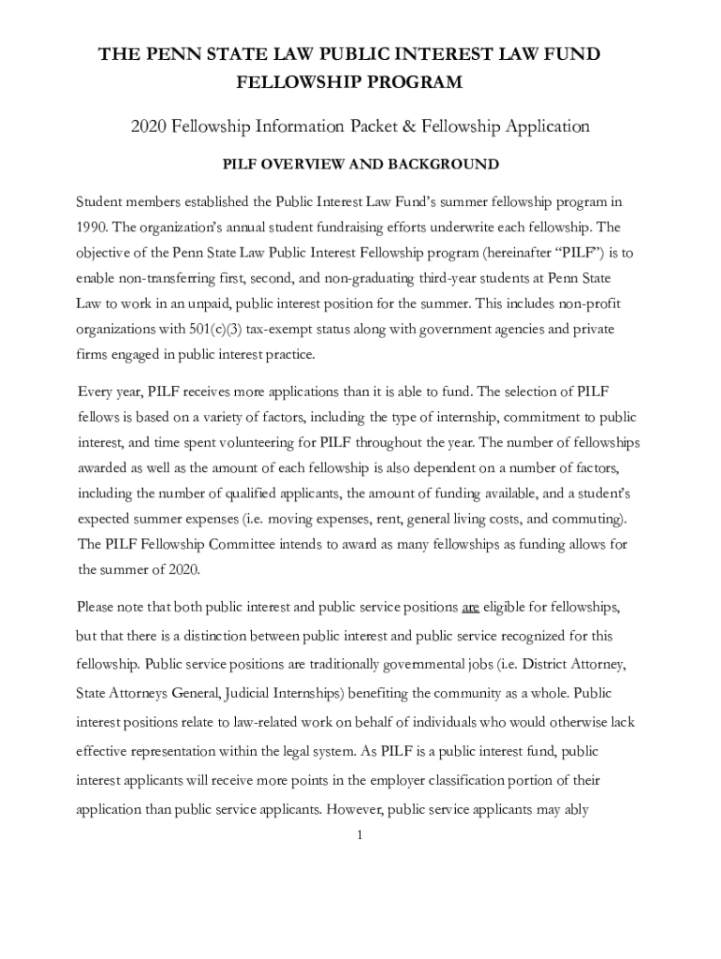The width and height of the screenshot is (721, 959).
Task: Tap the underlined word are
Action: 470,607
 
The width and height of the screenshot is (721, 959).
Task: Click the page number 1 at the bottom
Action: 360,834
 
